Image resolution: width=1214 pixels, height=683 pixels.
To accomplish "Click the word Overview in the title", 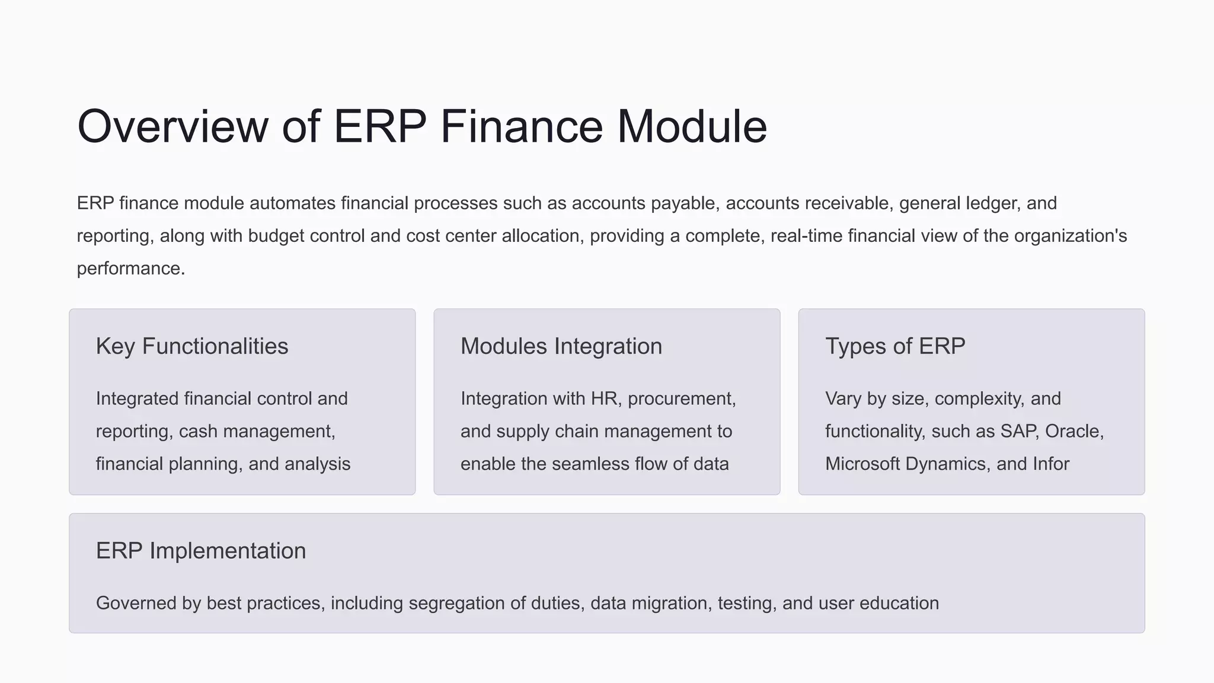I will [172, 126].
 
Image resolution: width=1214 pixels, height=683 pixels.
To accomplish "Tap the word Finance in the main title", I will [521, 126].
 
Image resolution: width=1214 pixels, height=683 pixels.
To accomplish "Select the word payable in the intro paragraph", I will [685, 203].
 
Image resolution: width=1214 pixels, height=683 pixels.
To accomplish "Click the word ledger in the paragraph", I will [993, 203].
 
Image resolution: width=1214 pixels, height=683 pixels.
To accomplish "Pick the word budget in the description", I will [276, 236].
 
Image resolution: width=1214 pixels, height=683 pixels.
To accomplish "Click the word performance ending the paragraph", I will [130, 269].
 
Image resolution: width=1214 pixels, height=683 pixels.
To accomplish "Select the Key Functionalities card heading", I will [192, 346].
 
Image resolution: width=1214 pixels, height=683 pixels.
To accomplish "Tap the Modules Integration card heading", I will [561, 346].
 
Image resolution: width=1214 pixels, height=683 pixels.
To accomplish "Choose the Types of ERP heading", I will [895, 346].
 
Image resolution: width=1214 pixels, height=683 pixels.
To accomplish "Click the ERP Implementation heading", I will [201, 551].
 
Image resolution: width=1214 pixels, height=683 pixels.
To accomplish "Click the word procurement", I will [681, 398].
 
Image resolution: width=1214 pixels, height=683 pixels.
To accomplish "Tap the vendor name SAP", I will [1019, 431].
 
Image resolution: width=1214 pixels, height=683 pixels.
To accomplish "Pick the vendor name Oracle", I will [1074, 431].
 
